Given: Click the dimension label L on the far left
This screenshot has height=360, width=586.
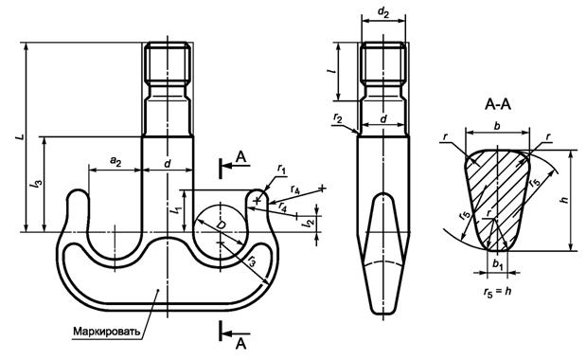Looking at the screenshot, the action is coord(22,136).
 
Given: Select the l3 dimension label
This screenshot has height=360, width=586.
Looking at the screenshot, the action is coord(37,184).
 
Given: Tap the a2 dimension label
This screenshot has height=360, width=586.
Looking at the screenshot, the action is coord(116,162).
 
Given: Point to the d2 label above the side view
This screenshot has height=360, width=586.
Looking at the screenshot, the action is coord(383,12).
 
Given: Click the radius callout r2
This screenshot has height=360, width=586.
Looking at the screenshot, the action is coord(337,117).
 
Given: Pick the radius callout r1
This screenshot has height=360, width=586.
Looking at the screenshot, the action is coord(281,170).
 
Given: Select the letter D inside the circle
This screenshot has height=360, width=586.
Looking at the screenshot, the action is coord(222,225).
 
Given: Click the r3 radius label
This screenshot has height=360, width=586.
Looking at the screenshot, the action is coord(253,260).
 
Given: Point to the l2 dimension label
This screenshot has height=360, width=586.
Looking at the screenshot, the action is coord(309,224).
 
